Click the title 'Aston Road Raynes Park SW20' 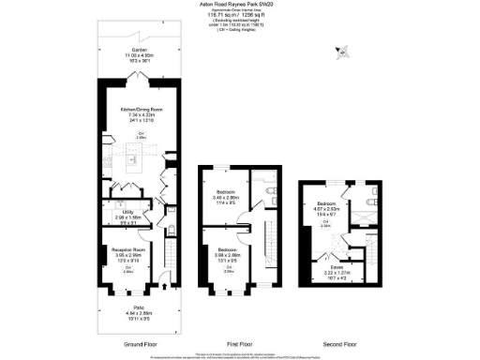239,4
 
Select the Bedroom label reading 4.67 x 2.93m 327,203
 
